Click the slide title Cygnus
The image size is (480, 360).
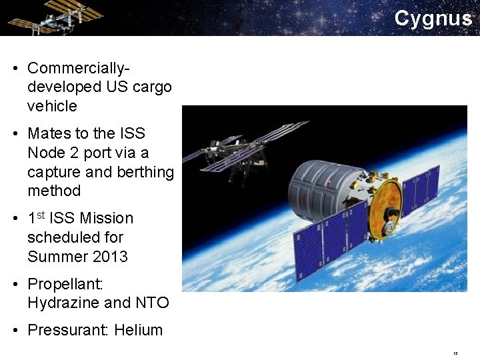click(x=433, y=19)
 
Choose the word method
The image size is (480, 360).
click(x=54, y=191)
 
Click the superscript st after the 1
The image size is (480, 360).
click(x=41, y=215)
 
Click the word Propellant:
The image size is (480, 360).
click(x=65, y=284)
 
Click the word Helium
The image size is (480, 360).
click(x=139, y=330)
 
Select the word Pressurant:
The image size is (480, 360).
click(x=68, y=330)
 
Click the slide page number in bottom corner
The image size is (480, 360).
click(x=455, y=353)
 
